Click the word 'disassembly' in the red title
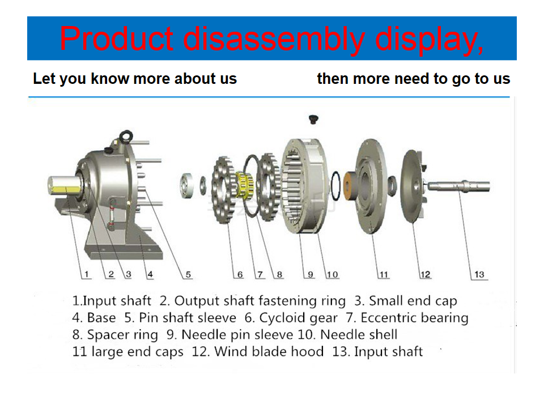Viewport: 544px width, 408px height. (274, 39)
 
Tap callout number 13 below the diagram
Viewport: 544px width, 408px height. (479, 274)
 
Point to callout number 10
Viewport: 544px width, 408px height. (333, 274)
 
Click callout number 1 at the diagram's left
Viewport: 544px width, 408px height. (86, 274)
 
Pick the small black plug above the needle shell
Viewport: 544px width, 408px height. (313, 120)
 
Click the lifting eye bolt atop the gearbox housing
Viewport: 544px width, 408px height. (126, 137)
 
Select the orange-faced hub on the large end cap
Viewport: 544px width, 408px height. (350, 186)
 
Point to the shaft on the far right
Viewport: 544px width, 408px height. (458, 186)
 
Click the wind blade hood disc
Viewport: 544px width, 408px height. (412, 186)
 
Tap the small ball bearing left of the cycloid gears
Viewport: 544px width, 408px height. (186, 185)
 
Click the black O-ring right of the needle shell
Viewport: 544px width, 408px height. (335, 186)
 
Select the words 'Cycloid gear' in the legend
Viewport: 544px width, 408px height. (299, 318)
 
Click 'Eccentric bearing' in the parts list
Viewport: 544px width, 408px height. (414, 318)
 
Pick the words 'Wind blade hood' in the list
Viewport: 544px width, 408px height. (269, 351)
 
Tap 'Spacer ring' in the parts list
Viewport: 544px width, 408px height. (122, 335)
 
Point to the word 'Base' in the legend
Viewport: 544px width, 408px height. (101, 317)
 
